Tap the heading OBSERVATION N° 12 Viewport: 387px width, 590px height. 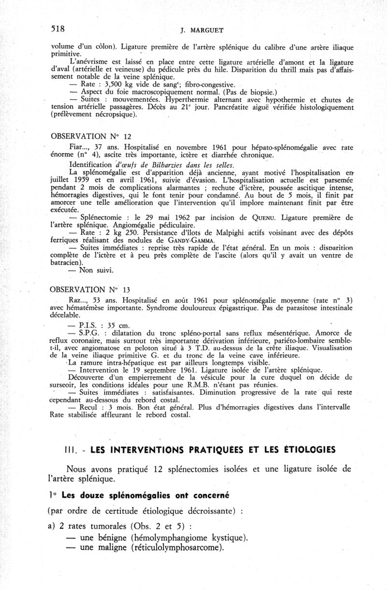(91, 137)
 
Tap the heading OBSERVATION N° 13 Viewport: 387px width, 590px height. (91, 290)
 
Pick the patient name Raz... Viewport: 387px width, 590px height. (77, 300)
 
